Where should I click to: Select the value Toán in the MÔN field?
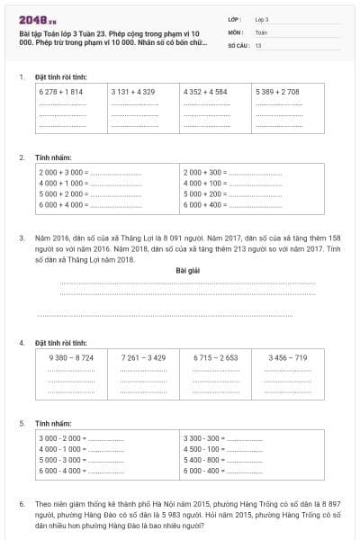tap(262, 31)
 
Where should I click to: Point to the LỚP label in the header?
tap(236, 18)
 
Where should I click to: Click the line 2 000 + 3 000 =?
tap(63, 171)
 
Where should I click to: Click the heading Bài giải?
tap(187, 270)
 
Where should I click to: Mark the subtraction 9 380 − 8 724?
tap(71, 357)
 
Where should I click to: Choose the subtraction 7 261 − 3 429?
tap(144, 357)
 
